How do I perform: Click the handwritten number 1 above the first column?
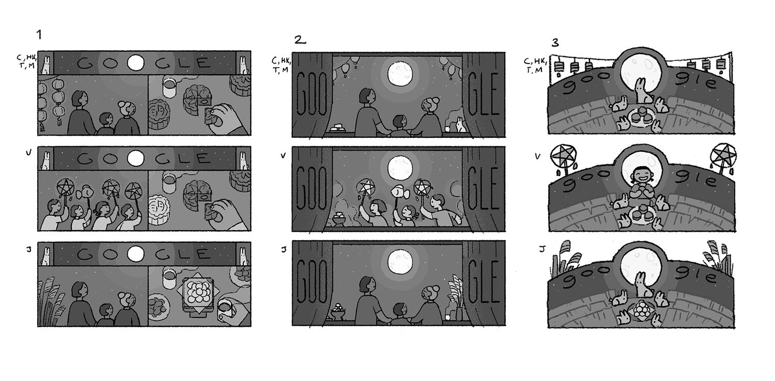pyautogui.click(x=39, y=35)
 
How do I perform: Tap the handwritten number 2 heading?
pyautogui.click(x=300, y=40)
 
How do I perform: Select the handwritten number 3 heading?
pyautogui.click(x=555, y=42)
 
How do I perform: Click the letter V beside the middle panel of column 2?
pyautogui.click(x=283, y=155)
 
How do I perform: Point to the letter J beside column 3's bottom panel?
pyautogui.click(x=542, y=249)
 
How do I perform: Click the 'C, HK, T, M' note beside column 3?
pyautogui.click(x=535, y=66)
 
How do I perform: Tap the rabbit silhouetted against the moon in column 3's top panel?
pyautogui.click(x=643, y=91)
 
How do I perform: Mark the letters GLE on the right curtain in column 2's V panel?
pyautogui.click(x=483, y=188)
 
